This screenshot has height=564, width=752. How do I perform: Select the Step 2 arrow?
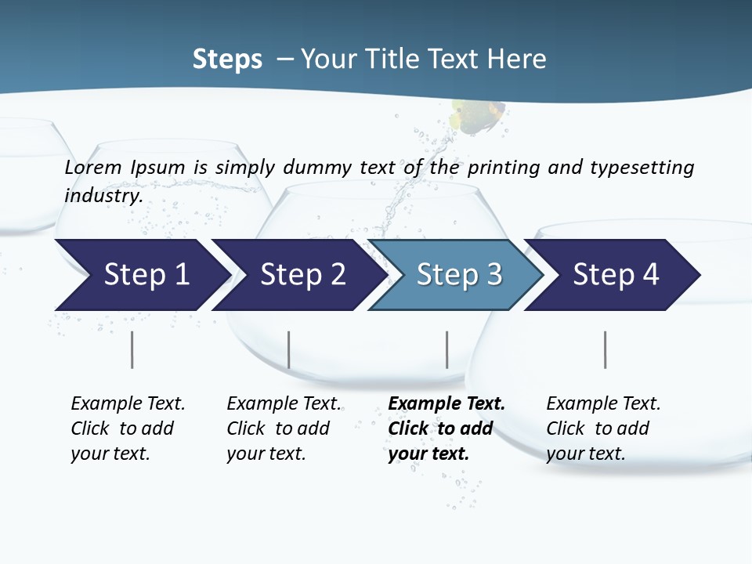coord(302,275)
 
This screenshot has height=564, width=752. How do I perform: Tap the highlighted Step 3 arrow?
coord(458,275)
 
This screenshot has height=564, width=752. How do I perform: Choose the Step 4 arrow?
coord(615,275)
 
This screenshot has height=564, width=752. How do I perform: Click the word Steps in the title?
coord(227,59)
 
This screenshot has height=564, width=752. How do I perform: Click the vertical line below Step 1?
coord(132,349)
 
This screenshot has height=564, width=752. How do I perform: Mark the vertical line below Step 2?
coord(289,349)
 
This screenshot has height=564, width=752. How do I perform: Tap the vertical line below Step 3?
coord(446,349)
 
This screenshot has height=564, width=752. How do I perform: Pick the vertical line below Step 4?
coord(605,349)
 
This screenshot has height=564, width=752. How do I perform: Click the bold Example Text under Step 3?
coord(446,404)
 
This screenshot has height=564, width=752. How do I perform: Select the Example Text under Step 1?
coord(128,404)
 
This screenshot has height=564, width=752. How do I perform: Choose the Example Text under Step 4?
coord(603,404)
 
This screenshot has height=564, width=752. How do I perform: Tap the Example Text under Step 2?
coord(284,404)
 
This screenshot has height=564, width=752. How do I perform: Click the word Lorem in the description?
coord(93,167)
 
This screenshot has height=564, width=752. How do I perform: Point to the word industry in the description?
coord(103,195)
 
